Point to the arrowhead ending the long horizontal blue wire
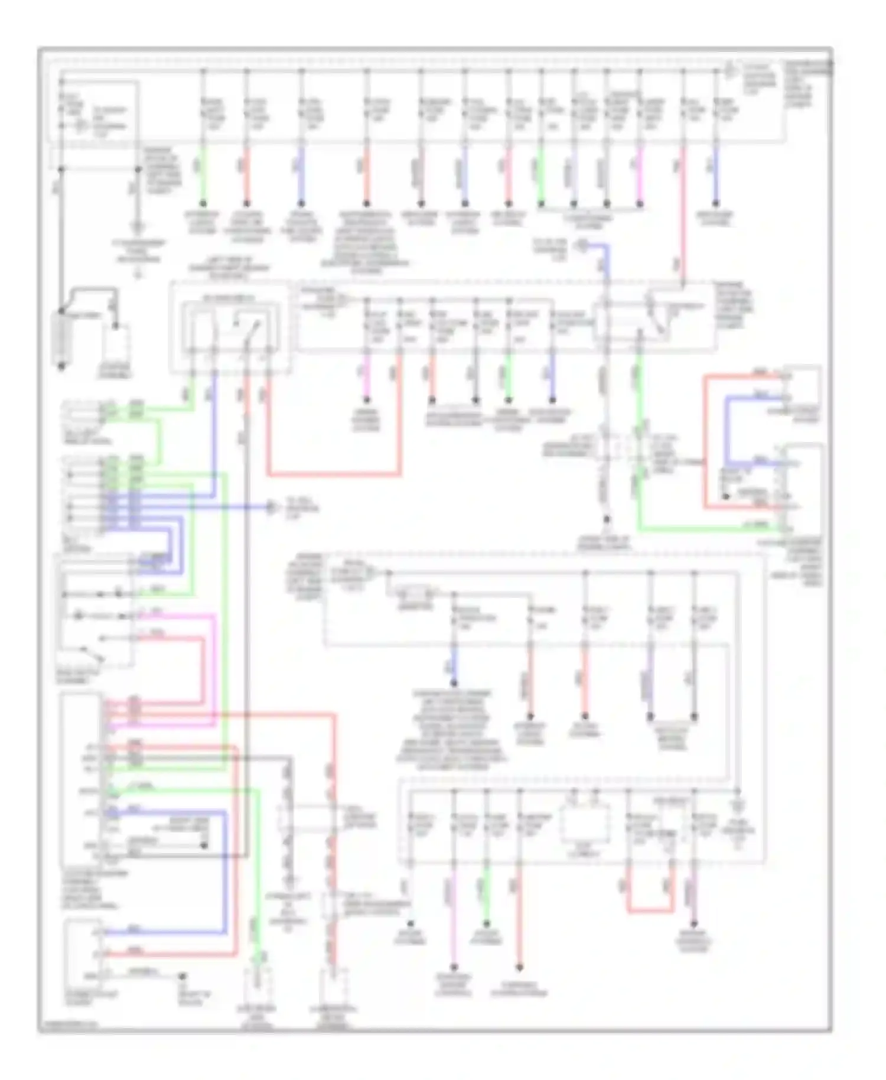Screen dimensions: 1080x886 [271, 507]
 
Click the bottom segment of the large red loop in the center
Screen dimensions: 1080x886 [334, 474]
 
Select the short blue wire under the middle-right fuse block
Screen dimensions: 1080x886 [454, 666]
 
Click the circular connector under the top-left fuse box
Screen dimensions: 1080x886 [138, 226]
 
